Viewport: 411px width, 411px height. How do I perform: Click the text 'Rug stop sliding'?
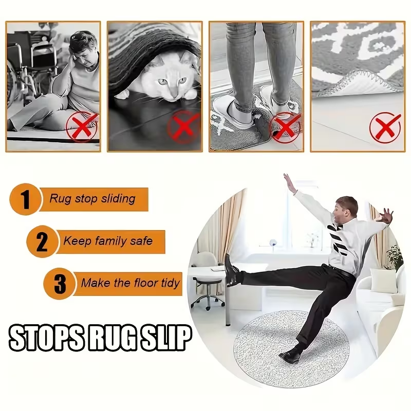point(92,199)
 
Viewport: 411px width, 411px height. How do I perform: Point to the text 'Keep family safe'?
point(108,241)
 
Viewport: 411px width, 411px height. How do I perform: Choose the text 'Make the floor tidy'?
point(130,283)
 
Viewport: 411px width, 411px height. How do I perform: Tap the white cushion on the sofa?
point(383,281)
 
